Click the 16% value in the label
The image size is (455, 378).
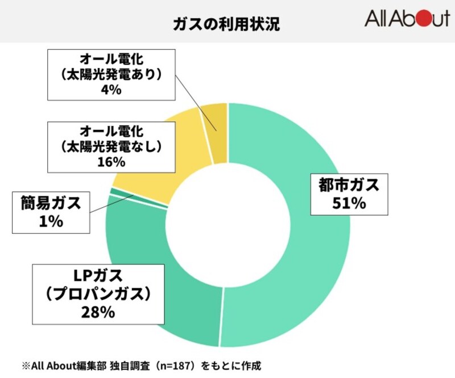coord(111,161)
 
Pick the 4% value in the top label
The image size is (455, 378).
coord(111,89)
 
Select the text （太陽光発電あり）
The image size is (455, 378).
coord(111,73)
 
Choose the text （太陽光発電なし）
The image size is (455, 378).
coord(111,145)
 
